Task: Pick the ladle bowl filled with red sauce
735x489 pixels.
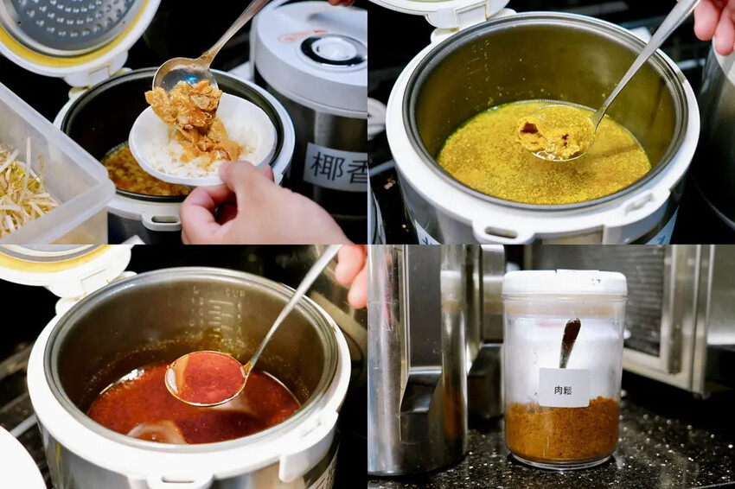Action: tap(206, 378)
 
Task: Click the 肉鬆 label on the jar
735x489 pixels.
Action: tap(563, 387)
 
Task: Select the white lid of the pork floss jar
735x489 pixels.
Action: tap(564, 283)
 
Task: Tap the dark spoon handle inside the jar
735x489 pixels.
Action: tap(569, 341)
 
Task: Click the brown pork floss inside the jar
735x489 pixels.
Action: tap(562, 429)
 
